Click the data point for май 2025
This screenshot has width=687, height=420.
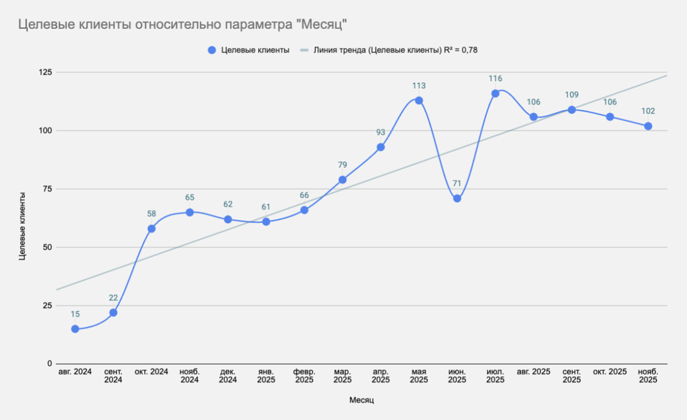pyautogui.click(x=419, y=100)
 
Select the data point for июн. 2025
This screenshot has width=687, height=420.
pyautogui.click(x=457, y=199)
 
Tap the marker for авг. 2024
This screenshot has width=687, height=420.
pyautogui.click(x=75, y=329)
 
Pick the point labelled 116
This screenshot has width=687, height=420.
pyautogui.click(x=495, y=93)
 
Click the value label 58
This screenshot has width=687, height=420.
pyautogui.click(x=151, y=214)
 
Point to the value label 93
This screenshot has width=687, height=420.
pyautogui.click(x=381, y=132)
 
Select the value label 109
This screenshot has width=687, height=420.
pyautogui.click(x=572, y=95)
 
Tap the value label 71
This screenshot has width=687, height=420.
pyautogui.click(x=457, y=183)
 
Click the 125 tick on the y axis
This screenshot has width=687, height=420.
pyautogui.click(x=45, y=72)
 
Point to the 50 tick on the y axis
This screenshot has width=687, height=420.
pyautogui.click(x=47, y=247)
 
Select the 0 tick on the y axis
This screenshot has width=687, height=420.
pyautogui.click(x=49, y=363)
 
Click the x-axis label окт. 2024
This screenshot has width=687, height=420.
pyautogui.click(x=151, y=372)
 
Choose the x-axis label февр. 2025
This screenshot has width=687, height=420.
pyautogui.click(x=304, y=376)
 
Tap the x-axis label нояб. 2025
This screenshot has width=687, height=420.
pyautogui.click(x=648, y=376)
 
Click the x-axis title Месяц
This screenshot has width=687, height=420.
pyautogui.click(x=362, y=400)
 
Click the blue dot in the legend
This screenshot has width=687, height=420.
pyautogui.click(x=211, y=50)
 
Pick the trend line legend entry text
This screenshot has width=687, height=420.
pyautogui.click(x=395, y=50)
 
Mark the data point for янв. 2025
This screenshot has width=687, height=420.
pyautogui.click(x=266, y=221)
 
